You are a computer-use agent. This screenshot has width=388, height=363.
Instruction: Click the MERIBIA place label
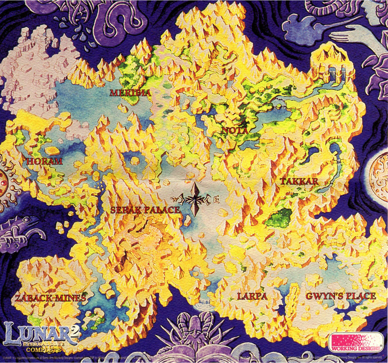point(130,93)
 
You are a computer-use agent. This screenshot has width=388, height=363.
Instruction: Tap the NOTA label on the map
point(235,131)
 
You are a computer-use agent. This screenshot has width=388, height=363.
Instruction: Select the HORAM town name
point(44,161)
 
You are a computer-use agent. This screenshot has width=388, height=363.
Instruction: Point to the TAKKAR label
point(299,181)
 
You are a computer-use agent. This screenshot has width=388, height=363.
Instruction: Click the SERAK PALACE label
point(145,210)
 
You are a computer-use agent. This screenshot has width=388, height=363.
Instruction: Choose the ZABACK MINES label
point(51,298)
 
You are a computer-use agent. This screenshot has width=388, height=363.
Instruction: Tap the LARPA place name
point(252,296)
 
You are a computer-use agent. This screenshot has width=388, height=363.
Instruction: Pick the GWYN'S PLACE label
point(341,296)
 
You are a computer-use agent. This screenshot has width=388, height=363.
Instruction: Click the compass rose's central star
point(195,199)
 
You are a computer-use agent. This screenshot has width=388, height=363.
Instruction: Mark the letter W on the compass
point(177,198)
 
